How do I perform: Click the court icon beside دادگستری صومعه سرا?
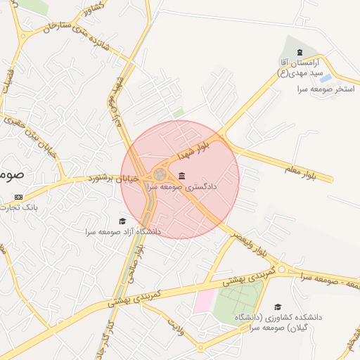point(182,175)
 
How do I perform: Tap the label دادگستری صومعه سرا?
point(181,188)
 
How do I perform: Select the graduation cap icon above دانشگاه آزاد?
point(123,221)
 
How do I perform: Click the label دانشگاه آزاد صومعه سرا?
point(123,231)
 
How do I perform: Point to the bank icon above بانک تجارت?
point(18,197)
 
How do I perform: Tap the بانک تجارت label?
point(20,207)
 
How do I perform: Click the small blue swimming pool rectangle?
point(326,79)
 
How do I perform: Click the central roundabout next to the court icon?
point(160,174)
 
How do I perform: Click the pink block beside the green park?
point(204,300)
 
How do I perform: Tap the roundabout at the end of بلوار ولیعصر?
point(281,269)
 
